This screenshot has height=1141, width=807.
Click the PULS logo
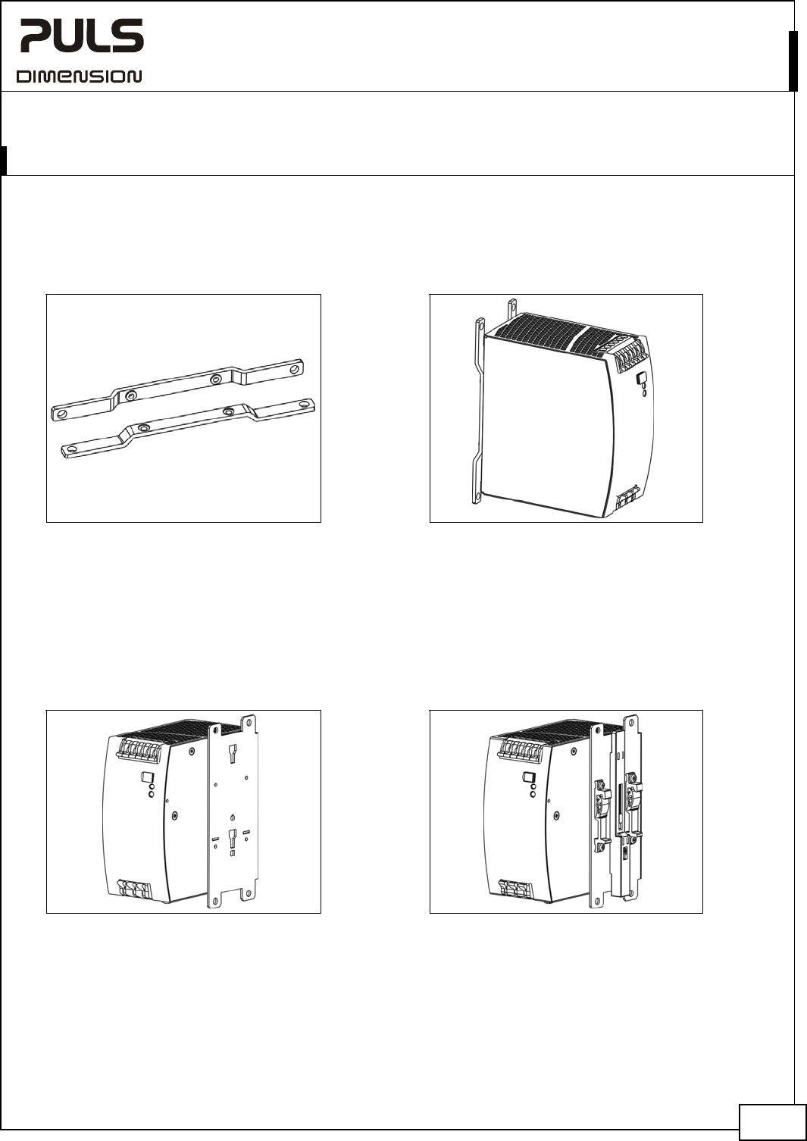[82, 36]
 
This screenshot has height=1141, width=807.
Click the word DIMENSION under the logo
[79, 77]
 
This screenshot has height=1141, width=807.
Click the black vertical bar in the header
[793, 61]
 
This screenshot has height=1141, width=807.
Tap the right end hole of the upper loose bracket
[295, 368]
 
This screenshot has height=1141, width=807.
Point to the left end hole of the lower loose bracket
[72, 449]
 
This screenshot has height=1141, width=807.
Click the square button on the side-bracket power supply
[642, 379]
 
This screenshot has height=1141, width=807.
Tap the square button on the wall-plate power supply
[147, 777]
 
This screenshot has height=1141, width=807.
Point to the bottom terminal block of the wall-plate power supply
[135, 889]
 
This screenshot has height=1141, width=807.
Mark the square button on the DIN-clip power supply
[528, 777]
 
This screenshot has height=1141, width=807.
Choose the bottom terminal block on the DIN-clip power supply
[516, 889]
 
